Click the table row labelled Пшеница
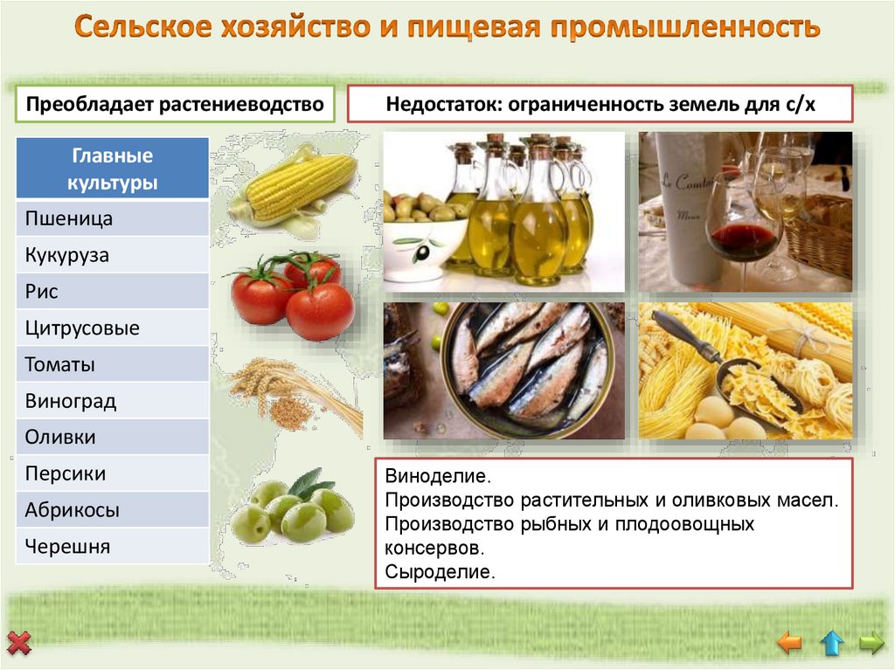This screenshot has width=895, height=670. pos(112,218)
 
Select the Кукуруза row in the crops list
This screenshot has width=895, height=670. pos(112,255)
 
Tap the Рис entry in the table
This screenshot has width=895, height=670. pos(112,292)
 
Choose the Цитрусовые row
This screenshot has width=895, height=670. pos(112,328)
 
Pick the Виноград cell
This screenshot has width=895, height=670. pos(112,402)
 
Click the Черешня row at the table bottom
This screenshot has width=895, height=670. pos(112,548)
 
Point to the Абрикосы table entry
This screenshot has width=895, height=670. pos(112,511)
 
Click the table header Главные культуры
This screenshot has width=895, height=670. pos(112,169)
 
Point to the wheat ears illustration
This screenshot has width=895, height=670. pos(293,393)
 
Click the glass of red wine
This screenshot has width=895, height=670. pos(742,227)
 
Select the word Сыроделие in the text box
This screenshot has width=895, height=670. pos(440,573)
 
